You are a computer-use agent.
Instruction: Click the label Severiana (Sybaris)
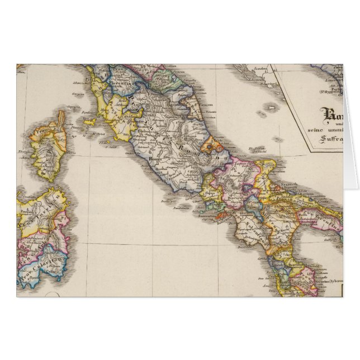click(329, 283)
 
